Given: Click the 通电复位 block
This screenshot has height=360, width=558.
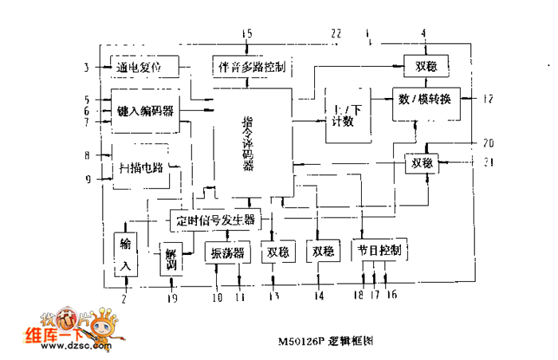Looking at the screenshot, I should pyautogui.click(x=139, y=68).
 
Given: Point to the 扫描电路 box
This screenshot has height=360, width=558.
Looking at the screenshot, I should pyautogui.click(x=141, y=167).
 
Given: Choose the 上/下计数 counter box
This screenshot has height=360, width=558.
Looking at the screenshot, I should pyautogui.click(x=348, y=114).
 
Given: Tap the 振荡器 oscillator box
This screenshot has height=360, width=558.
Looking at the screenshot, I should pyautogui.click(x=228, y=252).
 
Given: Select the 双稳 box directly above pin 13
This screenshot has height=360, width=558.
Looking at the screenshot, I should pyautogui.click(x=276, y=252).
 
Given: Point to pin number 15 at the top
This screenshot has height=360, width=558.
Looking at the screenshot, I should pyautogui.click(x=247, y=33).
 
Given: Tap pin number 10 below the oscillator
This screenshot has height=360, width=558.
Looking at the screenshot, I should pyautogui.click(x=216, y=298).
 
